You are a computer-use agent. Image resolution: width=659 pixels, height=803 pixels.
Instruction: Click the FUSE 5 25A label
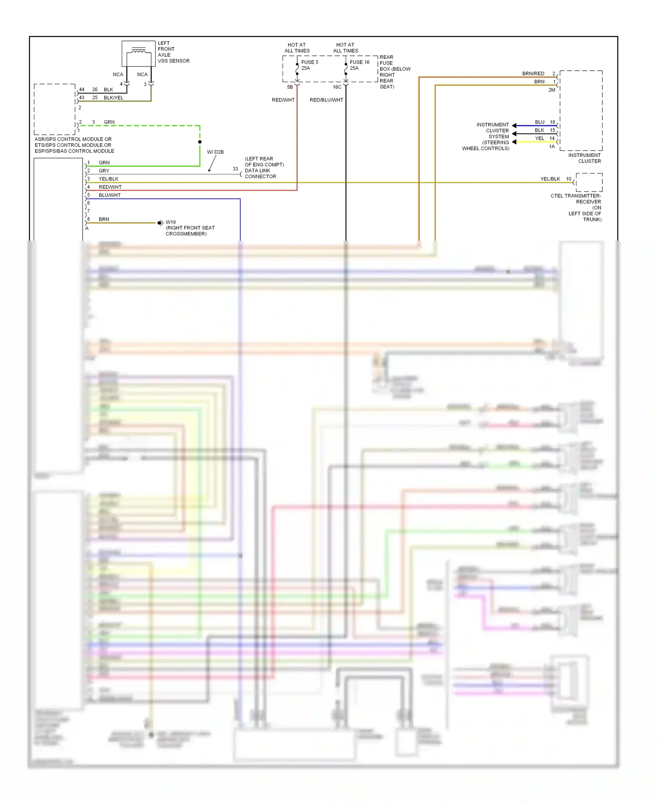310,65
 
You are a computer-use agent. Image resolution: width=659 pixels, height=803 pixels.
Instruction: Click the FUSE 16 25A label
359,65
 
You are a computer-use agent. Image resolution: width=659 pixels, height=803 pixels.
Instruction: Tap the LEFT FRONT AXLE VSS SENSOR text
173,52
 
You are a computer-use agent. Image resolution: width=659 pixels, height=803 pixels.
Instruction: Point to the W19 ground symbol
160,223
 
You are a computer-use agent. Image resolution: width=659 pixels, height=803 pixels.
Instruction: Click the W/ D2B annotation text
215,152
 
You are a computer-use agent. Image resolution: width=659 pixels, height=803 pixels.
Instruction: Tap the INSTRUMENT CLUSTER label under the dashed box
584,158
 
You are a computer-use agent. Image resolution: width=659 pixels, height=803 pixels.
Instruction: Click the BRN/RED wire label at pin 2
533,73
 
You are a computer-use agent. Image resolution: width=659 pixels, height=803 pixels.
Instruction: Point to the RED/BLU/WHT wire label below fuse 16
326,100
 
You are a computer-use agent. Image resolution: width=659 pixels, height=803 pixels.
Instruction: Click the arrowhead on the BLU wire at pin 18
514,126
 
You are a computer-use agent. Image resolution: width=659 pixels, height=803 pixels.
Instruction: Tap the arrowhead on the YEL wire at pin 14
514,142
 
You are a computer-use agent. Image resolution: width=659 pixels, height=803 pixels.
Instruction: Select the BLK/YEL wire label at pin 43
113,98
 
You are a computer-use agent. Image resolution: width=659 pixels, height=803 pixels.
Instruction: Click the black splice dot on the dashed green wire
200,142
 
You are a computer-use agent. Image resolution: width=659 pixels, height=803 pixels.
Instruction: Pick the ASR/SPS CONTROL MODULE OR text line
73,139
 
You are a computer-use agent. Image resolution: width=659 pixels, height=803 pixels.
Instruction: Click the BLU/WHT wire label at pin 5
109,195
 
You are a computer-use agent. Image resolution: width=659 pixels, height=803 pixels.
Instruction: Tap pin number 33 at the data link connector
235,169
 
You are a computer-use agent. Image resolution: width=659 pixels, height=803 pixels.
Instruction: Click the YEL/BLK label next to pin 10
550,179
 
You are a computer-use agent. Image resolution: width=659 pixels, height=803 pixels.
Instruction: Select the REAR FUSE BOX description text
394,72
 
